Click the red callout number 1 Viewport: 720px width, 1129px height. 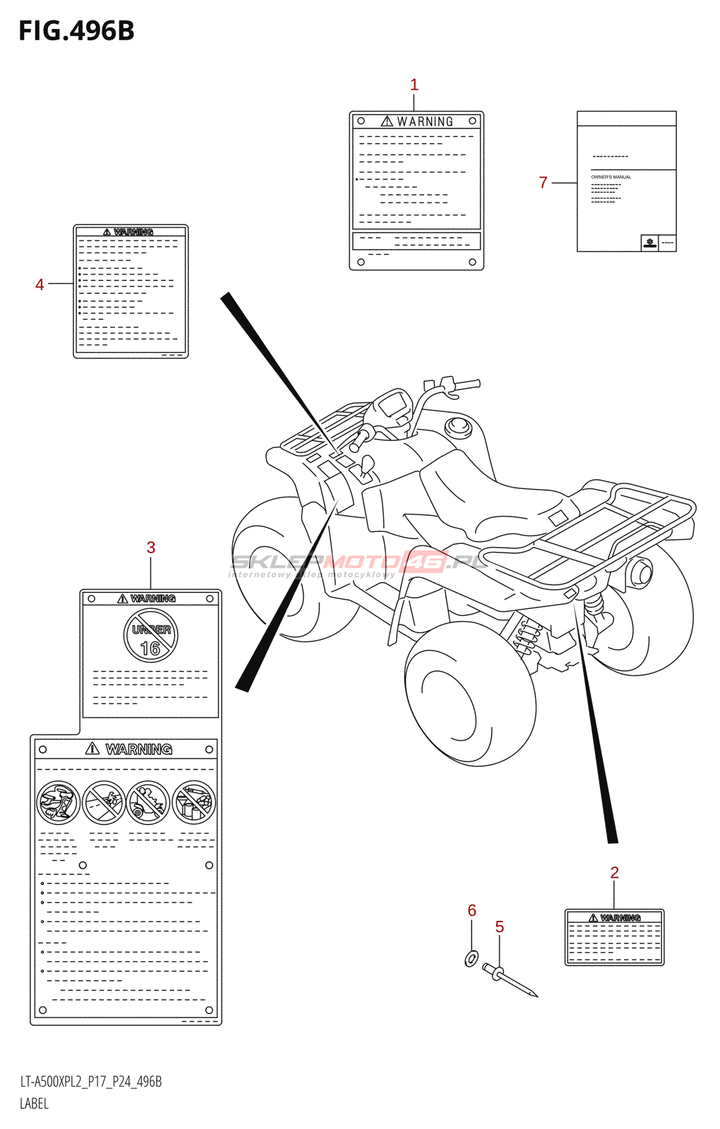[414, 85]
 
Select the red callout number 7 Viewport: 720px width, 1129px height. [543, 183]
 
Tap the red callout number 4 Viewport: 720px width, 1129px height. [40, 284]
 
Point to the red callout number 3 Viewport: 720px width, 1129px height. [151, 548]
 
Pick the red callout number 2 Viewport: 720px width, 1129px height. [614, 873]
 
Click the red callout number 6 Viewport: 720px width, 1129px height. [472, 911]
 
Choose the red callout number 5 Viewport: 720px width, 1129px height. [500, 927]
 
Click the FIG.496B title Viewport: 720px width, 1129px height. [76, 31]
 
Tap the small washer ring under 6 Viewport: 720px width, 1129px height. [472, 958]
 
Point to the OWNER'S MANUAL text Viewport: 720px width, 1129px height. [611, 177]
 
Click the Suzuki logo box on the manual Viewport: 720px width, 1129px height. [649, 243]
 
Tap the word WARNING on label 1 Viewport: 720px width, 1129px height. [424, 122]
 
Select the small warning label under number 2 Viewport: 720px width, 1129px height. [614, 937]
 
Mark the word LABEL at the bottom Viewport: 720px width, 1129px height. [34, 1104]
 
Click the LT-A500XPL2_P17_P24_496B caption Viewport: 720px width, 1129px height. [91, 1082]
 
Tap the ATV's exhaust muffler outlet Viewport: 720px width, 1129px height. [642, 572]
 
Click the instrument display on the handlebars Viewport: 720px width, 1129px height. [390, 405]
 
